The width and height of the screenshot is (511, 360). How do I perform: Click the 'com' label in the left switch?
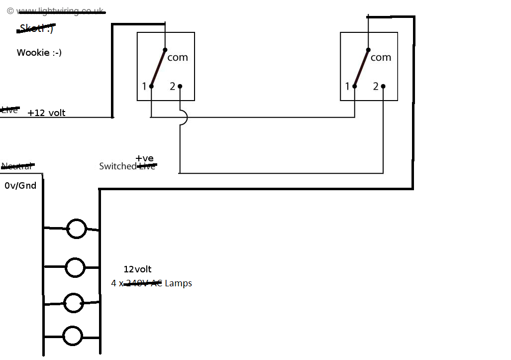coord(178,57)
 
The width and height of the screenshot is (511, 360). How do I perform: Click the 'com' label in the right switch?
coord(381,57)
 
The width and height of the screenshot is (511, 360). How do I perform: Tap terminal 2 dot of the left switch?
coord(180,86)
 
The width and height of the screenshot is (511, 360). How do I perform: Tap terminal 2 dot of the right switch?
coord(383,86)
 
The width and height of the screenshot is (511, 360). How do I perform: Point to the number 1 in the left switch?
coord(144,87)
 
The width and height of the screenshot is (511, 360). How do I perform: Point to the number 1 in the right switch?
coord(347,87)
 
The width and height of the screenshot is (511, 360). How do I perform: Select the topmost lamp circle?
coord(76,229)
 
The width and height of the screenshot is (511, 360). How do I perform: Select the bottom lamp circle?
coord(73,336)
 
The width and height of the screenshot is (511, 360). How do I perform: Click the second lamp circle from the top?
coord(75,267)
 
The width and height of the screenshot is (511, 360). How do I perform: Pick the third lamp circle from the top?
coord(73,303)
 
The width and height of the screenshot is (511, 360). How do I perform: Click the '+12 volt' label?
coord(46,113)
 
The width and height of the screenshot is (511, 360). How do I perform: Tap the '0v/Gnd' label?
coord(20,186)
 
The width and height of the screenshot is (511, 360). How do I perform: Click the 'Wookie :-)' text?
coord(39,52)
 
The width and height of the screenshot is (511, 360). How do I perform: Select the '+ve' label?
coord(144,158)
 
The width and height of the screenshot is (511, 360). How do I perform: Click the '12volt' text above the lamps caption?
coord(137,269)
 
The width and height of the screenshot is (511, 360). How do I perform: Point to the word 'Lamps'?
coord(178,283)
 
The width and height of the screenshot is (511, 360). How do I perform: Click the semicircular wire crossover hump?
coord(185,118)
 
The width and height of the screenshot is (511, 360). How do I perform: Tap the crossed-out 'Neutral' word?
coord(17,166)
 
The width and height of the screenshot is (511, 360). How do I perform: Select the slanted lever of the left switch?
coord(158,68)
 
